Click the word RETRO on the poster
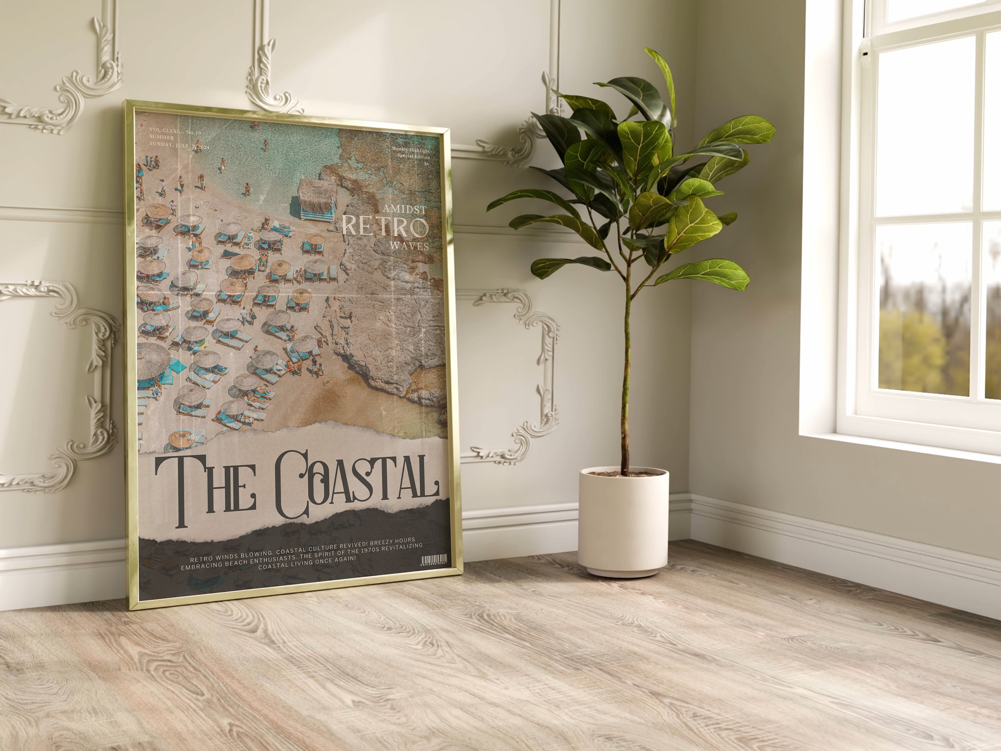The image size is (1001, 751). click(x=385, y=227)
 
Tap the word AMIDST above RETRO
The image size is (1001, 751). click(x=404, y=209)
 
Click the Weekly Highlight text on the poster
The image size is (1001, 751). click(x=410, y=150)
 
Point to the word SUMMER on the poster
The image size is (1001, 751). click(x=161, y=138)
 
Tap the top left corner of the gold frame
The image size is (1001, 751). click(x=126, y=103)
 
